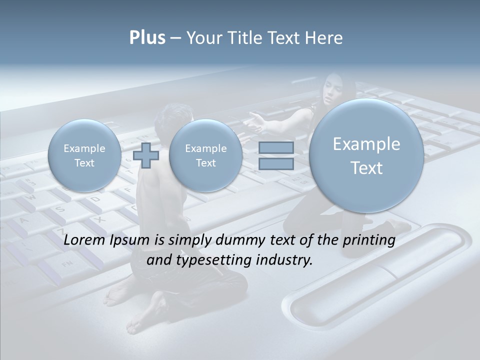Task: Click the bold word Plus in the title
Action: [x=147, y=38]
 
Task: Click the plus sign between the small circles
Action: [x=146, y=155]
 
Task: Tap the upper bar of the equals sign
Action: [x=276, y=147]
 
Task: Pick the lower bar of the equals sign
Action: [x=276, y=164]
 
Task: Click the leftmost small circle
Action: [x=84, y=155]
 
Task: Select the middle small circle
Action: [x=205, y=155]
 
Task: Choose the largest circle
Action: [x=366, y=155]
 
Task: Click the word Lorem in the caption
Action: [x=85, y=240]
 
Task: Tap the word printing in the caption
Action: [x=368, y=240]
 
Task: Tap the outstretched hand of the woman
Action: [x=256, y=122]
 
